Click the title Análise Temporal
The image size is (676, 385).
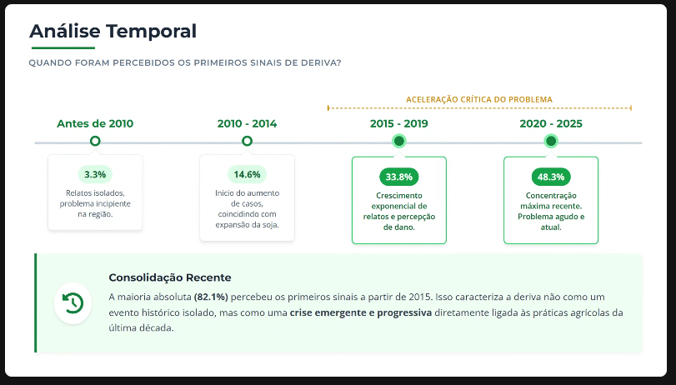tap(113, 32)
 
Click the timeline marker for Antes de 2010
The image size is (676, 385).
tap(95, 141)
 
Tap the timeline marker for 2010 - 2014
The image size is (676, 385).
tap(247, 141)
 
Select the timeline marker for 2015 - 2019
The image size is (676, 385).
tap(398, 141)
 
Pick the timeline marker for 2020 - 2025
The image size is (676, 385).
tap(551, 141)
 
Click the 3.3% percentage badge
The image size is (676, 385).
tap(95, 175)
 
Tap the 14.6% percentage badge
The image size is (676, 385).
tap(247, 175)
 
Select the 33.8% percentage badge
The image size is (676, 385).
tap(398, 177)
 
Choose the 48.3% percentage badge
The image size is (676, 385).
tap(551, 177)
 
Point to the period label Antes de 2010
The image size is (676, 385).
tap(95, 123)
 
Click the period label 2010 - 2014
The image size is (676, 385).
tap(247, 123)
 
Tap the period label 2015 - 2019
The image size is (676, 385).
tap(398, 123)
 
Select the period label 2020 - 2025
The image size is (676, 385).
tap(551, 123)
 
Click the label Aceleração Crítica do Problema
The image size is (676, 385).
tap(479, 99)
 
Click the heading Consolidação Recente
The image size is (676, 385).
tap(170, 277)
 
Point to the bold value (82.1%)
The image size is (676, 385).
tap(211, 297)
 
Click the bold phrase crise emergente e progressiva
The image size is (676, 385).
tap(360, 312)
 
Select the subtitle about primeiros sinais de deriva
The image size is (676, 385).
tap(184, 63)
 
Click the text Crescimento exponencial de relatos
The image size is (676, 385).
tap(398, 205)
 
